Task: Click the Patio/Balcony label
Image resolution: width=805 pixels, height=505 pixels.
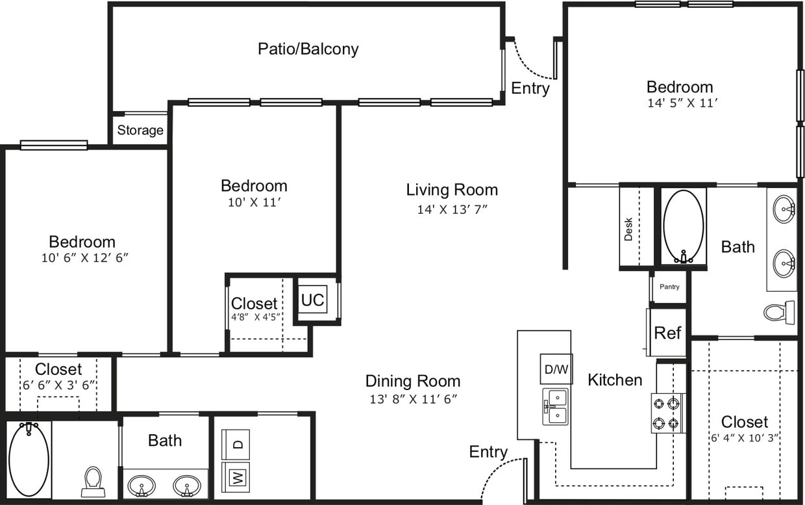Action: coord(308,49)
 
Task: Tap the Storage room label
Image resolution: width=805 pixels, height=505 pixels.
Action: coord(140,130)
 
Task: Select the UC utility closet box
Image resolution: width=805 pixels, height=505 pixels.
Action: coord(312,300)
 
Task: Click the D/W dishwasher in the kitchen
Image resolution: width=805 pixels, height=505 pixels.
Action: coord(556,369)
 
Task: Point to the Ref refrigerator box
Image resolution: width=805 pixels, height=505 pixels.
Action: coord(667,333)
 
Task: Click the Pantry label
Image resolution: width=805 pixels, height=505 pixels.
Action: coord(669,287)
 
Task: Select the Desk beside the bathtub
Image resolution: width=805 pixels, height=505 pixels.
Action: coord(628,228)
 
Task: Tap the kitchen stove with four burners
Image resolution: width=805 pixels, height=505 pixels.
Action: coord(668,413)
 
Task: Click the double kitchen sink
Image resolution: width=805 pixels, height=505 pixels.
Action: coord(556,406)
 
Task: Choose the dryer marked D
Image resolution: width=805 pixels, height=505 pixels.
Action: coord(238,445)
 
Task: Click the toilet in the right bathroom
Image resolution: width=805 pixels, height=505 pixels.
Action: coord(779,312)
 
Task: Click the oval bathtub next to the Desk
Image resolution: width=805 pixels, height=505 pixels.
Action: coord(683,226)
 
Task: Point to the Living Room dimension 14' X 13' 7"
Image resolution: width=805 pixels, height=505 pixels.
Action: coord(452,209)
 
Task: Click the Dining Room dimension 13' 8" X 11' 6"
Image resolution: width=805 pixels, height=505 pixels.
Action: coord(414,399)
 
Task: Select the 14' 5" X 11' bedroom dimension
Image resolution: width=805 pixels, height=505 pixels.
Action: coord(680,103)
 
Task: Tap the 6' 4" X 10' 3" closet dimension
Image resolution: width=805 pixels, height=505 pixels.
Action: coord(744,438)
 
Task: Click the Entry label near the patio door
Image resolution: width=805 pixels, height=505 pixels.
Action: coord(530,88)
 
